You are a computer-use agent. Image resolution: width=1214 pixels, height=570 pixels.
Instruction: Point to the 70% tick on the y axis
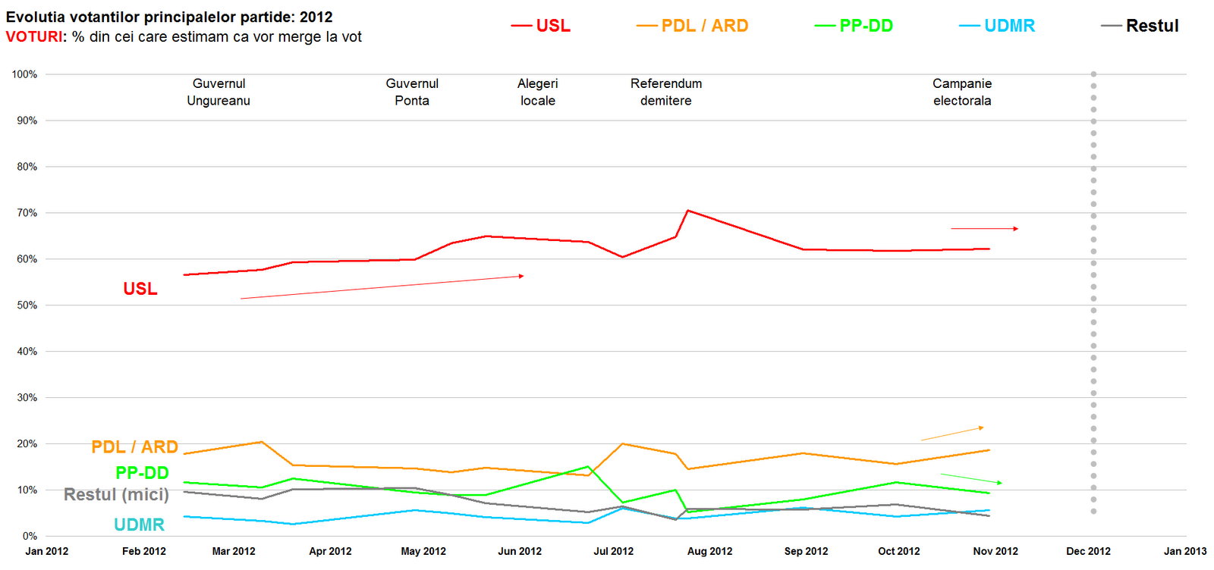(x=27, y=213)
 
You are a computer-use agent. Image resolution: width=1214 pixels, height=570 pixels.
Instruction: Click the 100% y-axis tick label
(x=24, y=74)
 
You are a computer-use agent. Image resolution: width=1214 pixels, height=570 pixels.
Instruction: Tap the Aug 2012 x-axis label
(x=709, y=551)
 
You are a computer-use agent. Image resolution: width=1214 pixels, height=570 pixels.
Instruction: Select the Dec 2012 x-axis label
(x=1088, y=551)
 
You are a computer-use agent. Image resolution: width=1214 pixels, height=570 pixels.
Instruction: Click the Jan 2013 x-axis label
(x=1184, y=551)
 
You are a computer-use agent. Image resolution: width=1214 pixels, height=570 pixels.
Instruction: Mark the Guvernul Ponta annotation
(x=412, y=92)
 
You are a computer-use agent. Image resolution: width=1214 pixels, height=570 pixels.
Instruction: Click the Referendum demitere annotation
(x=666, y=92)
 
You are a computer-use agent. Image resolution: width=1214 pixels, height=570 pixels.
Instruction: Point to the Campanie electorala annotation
(x=962, y=92)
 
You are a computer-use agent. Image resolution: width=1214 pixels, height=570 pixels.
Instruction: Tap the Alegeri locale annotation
(x=538, y=92)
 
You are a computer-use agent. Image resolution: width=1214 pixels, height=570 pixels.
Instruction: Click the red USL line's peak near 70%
(x=687, y=211)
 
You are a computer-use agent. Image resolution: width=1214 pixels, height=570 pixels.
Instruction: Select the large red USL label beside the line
(x=140, y=289)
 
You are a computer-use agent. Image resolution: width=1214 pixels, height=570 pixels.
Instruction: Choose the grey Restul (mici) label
(x=116, y=494)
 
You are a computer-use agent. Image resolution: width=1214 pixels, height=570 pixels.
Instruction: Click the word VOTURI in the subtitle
(x=35, y=37)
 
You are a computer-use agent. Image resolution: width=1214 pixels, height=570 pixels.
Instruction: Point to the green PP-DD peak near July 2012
(x=588, y=467)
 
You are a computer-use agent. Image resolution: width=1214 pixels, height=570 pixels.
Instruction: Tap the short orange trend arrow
(x=952, y=434)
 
